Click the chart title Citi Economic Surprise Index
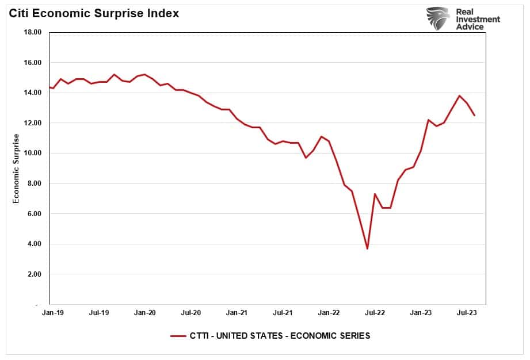click(x=93, y=13)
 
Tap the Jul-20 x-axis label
click(x=190, y=313)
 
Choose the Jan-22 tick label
click(x=329, y=313)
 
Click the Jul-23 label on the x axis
click(x=467, y=313)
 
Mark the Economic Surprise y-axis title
click(x=16, y=168)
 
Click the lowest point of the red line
click(x=367, y=248)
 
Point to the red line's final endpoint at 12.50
click(x=475, y=116)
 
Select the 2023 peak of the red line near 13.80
click(x=459, y=96)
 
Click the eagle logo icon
click(x=438, y=18)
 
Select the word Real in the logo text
click(x=464, y=11)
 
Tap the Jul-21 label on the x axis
click(x=283, y=313)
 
